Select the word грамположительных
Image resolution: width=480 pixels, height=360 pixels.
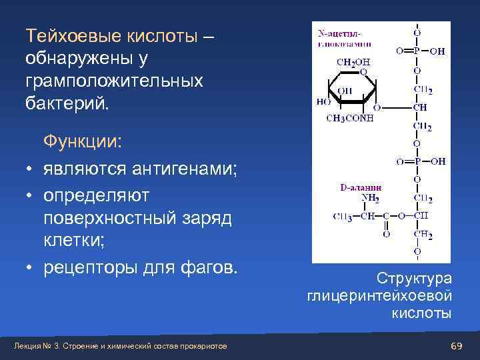(114, 81)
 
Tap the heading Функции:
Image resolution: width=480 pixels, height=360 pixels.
(83, 143)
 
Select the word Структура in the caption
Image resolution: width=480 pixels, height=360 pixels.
(414, 277)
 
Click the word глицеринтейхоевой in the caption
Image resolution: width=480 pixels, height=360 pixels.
(379, 295)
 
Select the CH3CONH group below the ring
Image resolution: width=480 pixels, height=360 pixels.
(349, 118)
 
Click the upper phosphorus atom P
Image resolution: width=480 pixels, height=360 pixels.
(417, 50)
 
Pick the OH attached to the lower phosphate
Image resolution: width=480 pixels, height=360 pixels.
(438, 161)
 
